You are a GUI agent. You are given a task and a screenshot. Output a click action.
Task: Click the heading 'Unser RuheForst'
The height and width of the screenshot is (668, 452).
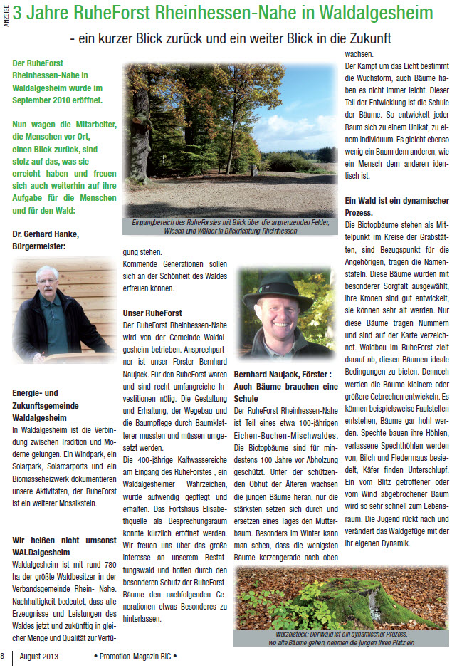152,313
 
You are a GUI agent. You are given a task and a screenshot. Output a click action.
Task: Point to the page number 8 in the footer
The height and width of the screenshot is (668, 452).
3,655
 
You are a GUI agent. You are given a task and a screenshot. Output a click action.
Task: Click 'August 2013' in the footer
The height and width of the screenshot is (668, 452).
38,655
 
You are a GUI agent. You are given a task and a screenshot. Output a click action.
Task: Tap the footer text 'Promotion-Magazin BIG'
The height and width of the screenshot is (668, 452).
135,655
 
